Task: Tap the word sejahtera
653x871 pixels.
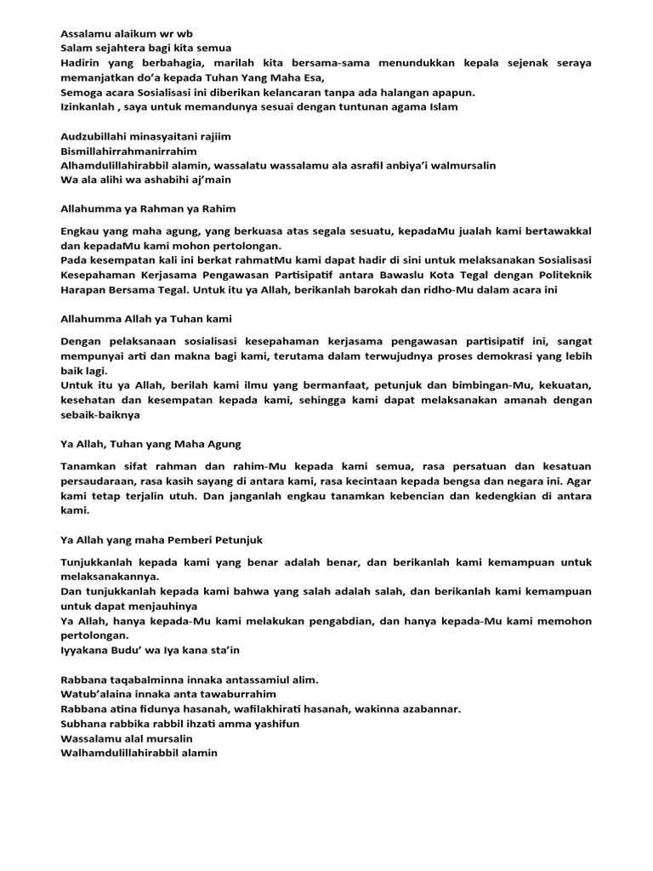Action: [x=121, y=48]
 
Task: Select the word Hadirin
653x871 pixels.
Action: [x=82, y=63]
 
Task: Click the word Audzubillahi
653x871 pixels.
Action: [x=95, y=136]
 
